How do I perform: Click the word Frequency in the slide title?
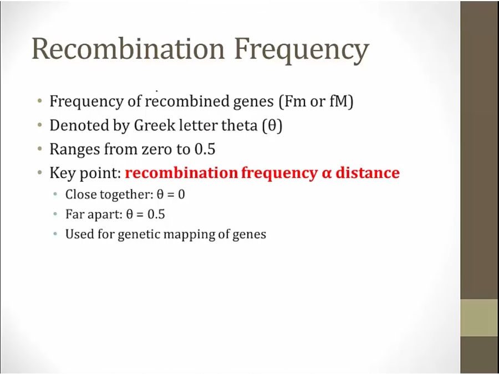302,51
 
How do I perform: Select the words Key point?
85,173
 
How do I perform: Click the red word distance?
368,173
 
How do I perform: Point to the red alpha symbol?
327,174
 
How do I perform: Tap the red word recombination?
181,173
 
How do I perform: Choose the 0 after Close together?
181,194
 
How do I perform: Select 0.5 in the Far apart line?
156,214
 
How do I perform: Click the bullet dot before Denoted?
39,125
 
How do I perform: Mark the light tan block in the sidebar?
480,317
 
